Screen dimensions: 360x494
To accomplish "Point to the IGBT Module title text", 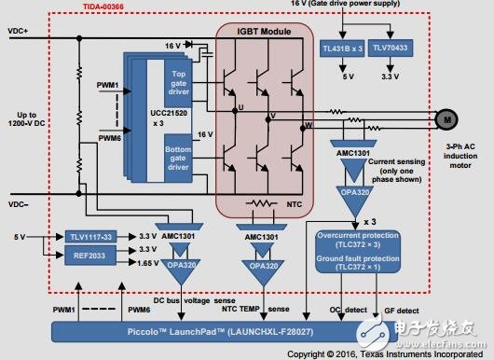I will (x=259, y=32).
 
